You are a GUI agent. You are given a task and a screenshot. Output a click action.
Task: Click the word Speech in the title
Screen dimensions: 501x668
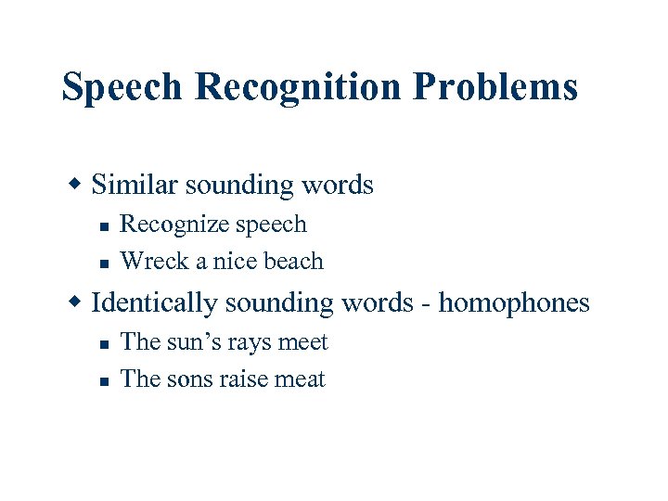click(122, 88)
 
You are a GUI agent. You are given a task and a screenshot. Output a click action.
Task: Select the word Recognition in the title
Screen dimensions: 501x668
click(300, 88)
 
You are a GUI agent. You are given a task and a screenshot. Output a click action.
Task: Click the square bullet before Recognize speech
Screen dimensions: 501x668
click(105, 225)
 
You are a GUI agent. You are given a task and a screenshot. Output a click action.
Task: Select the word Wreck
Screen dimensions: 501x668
click(148, 262)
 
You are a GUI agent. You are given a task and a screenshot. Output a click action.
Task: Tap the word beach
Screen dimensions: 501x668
click(293, 262)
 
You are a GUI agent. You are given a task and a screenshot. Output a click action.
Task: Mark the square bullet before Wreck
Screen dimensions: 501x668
click(105, 263)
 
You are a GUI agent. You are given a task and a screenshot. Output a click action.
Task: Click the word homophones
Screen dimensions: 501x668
click(514, 303)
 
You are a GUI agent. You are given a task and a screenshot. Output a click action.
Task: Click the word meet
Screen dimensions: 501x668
click(303, 342)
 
